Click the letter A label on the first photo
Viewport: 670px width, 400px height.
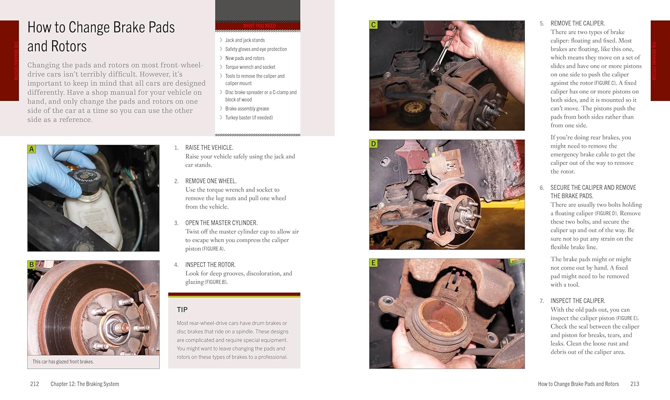point(31,149)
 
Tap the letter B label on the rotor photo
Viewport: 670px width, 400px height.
point(31,265)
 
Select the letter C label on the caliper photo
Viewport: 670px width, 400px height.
point(373,25)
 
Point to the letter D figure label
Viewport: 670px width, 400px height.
point(373,144)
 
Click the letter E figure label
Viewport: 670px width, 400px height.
point(373,263)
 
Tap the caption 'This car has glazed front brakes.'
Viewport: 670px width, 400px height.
point(63,362)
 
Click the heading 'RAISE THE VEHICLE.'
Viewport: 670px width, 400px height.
point(209,148)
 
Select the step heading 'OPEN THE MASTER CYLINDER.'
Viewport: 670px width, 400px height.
point(221,223)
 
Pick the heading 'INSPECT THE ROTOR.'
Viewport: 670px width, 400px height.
point(210,265)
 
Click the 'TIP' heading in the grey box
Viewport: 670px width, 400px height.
point(182,310)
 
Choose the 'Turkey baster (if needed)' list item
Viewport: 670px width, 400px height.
point(249,118)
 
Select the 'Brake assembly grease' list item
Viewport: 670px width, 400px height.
point(247,109)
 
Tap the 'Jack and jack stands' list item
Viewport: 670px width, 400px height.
point(245,40)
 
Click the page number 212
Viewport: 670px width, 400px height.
point(34,384)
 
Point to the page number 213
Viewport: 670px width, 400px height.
point(635,384)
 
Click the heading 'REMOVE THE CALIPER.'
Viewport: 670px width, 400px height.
point(577,23)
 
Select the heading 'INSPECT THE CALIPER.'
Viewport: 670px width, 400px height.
point(578,301)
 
